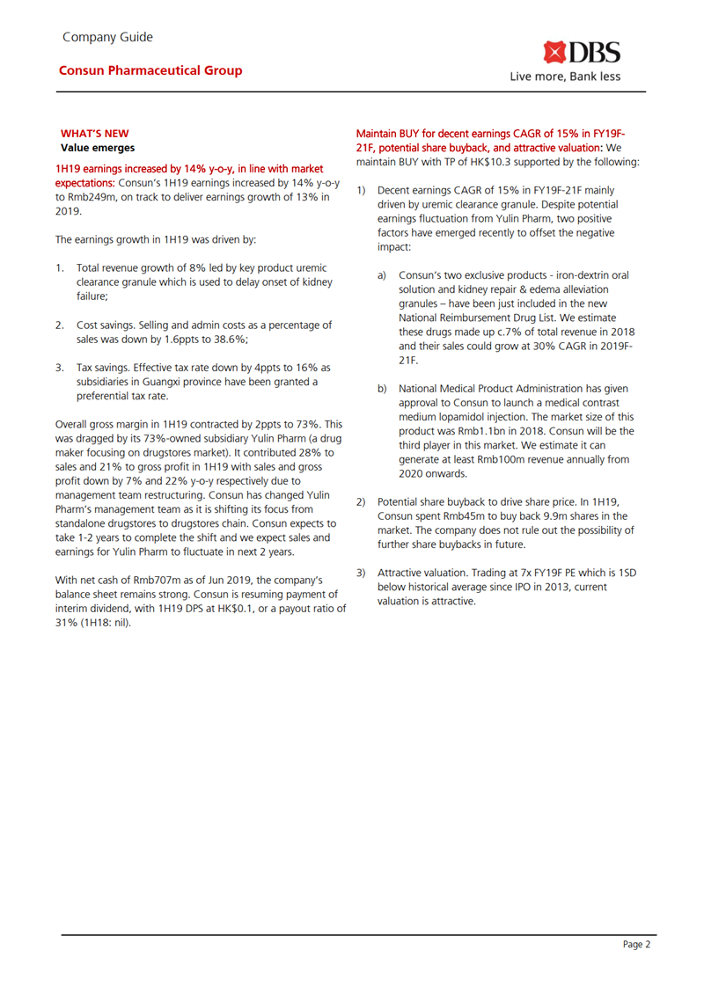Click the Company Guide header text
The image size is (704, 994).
click(107, 37)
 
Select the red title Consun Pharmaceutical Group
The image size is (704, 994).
click(150, 70)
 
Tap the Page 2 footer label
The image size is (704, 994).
click(635, 944)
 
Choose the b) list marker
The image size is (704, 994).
click(382, 388)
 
